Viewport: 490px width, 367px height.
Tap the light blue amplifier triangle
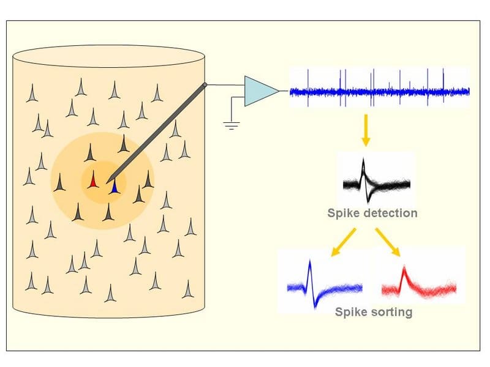(x=258, y=91)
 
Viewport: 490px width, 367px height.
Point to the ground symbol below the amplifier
(x=232, y=126)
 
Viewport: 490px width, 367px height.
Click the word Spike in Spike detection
(x=343, y=213)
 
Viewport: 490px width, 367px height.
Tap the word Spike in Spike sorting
(x=350, y=312)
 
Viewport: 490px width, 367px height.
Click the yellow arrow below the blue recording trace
(x=366, y=130)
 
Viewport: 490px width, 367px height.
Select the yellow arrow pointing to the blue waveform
(x=343, y=242)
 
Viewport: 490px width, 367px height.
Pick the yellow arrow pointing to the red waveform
(x=388, y=242)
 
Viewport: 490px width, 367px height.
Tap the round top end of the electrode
(x=205, y=84)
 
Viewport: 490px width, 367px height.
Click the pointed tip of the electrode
(x=107, y=183)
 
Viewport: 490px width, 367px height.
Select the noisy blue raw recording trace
(x=379, y=91)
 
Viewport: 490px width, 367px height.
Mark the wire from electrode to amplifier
(x=225, y=85)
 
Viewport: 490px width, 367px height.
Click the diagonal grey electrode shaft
(x=156, y=134)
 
